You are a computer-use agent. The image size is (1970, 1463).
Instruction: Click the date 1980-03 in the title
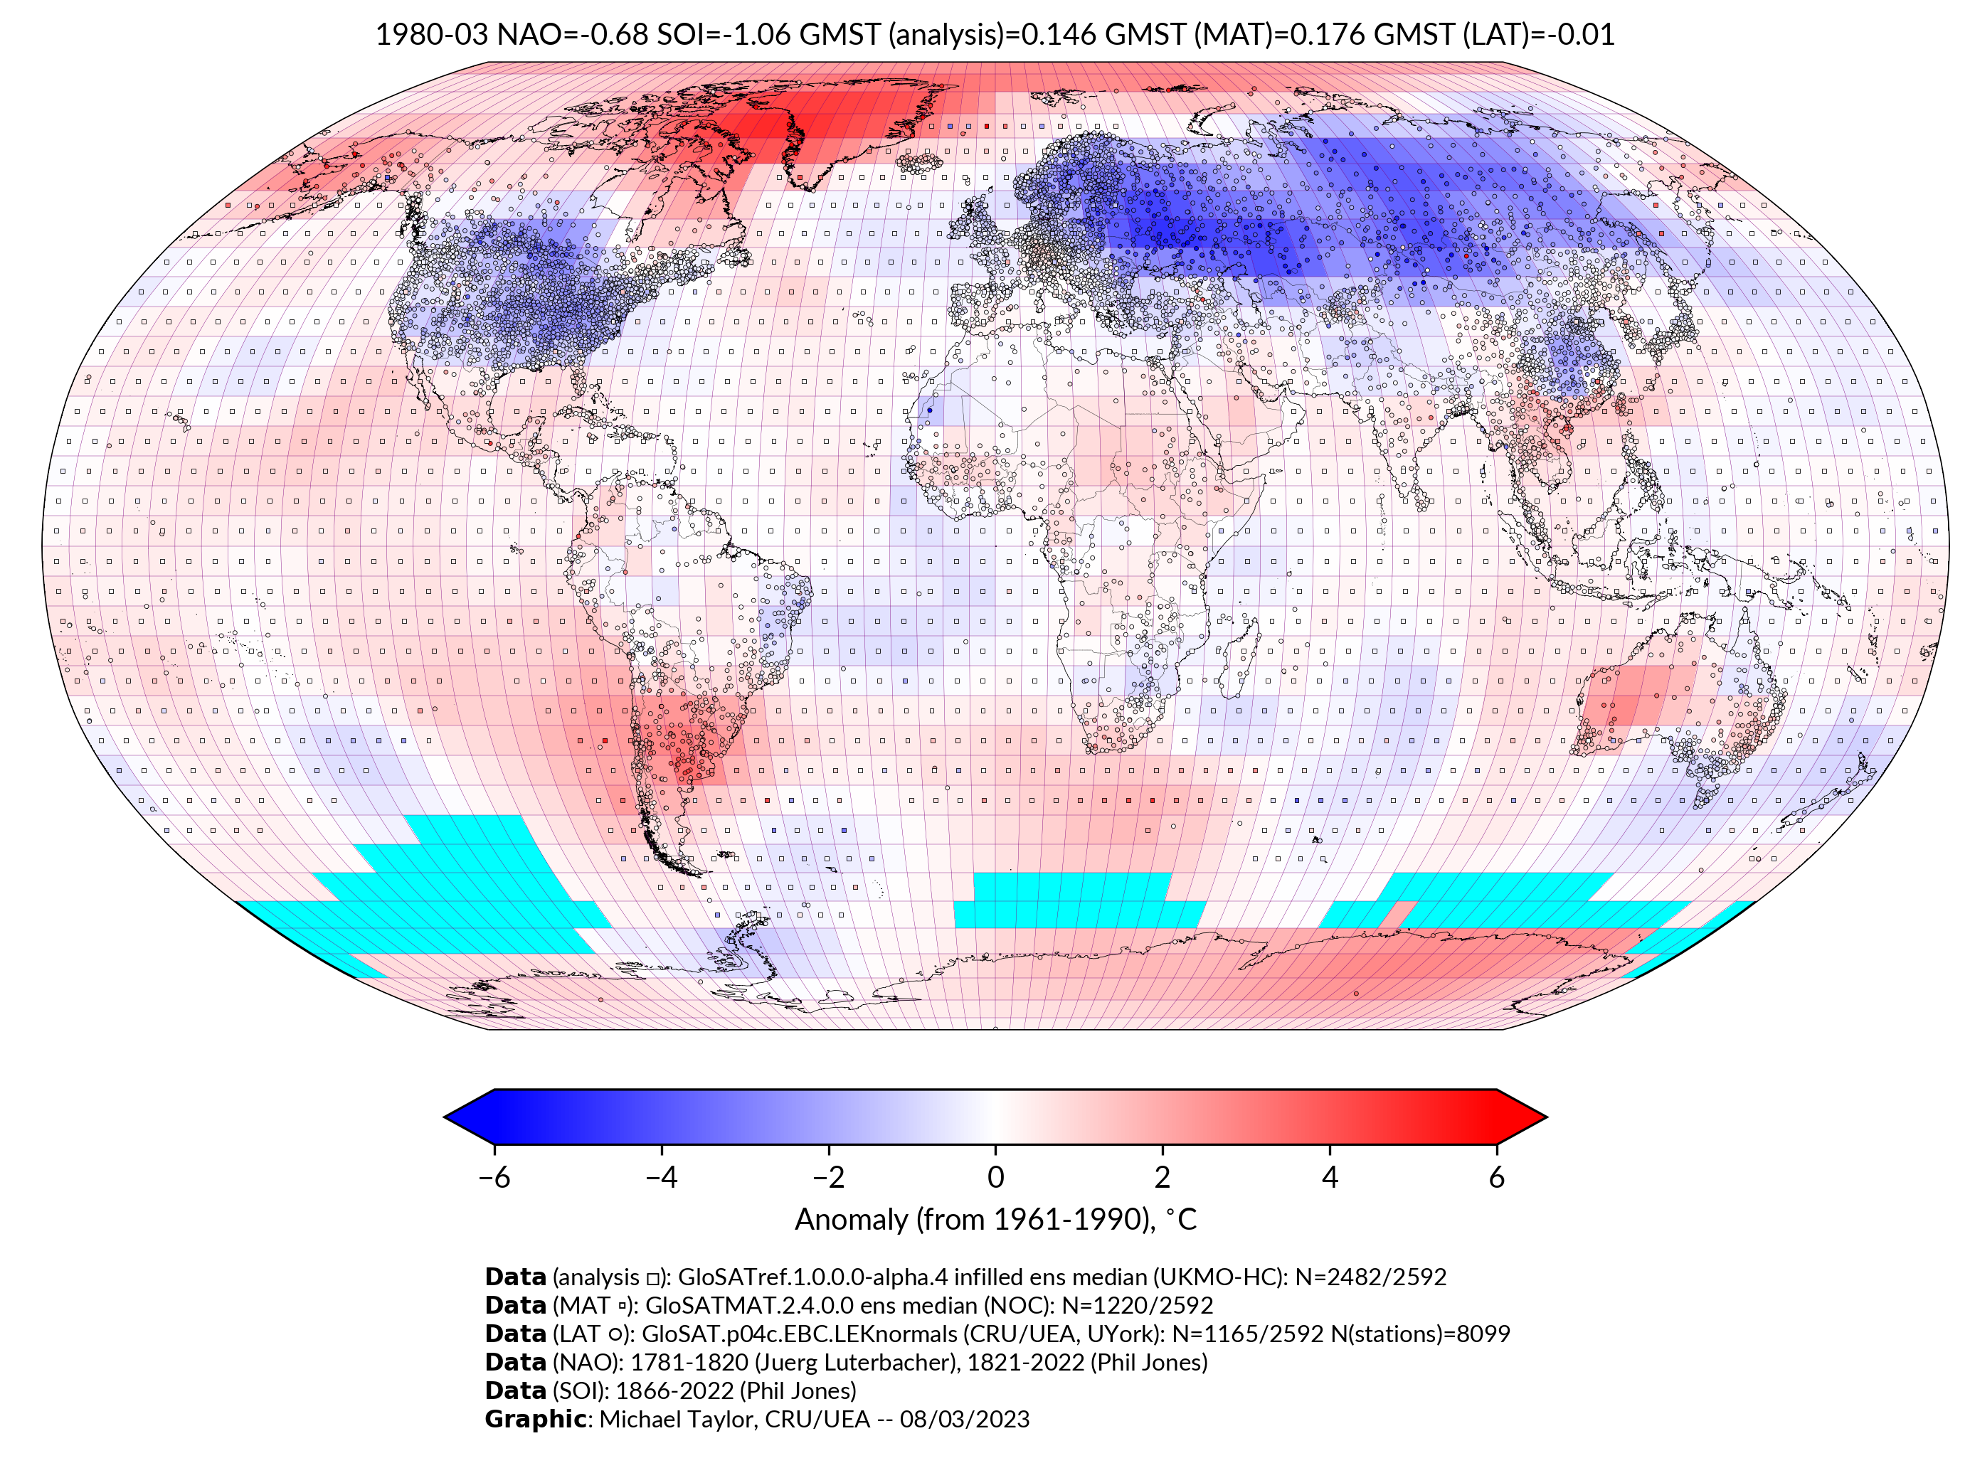[x=431, y=35]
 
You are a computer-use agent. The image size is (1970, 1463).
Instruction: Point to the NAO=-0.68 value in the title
[x=572, y=35]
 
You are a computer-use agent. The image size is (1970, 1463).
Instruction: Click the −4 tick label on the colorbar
[x=661, y=1177]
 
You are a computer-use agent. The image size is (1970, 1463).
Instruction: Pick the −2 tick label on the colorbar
[x=828, y=1177]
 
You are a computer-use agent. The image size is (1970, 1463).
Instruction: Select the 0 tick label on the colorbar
[x=995, y=1177]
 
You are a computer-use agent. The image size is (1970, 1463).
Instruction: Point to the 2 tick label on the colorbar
[x=1163, y=1177]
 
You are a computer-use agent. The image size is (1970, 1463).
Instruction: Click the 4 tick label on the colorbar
[x=1330, y=1177]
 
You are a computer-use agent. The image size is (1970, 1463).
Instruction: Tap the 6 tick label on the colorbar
[x=1496, y=1177]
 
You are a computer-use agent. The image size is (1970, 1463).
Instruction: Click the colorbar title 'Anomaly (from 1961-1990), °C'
[x=995, y=1220]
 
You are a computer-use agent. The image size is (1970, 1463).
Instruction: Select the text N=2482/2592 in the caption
[x=1370, y=1277]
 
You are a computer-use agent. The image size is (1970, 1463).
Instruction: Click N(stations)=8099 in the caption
[x=1421, y=1334]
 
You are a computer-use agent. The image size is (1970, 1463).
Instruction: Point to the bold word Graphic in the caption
[x=535, y=1419]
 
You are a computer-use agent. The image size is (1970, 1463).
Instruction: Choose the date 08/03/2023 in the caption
[x=965, y=1419]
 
